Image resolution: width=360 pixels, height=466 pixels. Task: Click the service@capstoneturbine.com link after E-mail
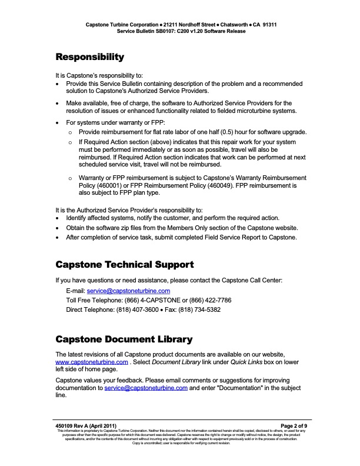click(x=129, y=291)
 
